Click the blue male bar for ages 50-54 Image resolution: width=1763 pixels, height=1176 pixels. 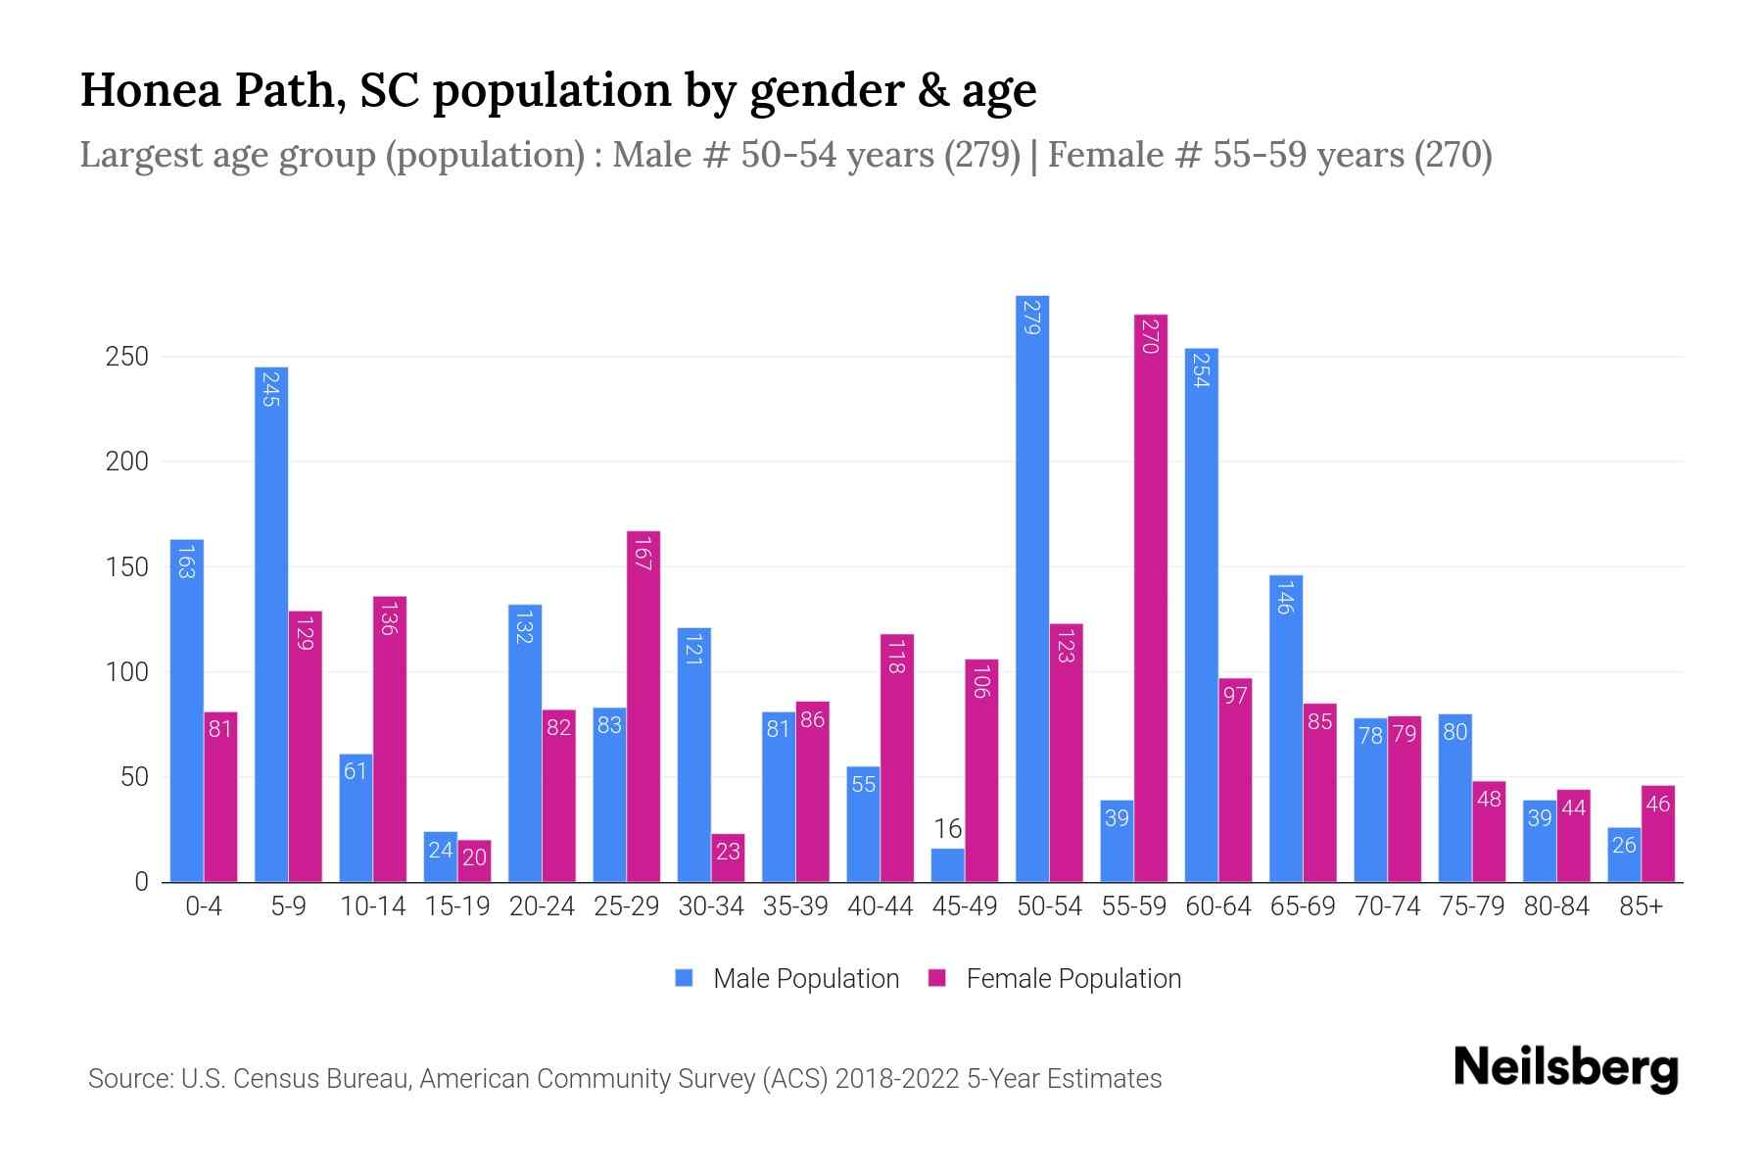tap(1032, 588)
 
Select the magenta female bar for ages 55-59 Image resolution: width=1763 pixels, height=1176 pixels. tap(1151, 598)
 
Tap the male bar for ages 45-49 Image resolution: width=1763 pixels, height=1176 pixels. tap(947, 865)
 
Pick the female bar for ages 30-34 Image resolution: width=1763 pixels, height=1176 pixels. tap(728, 858)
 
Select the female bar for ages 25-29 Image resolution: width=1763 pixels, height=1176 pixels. tap(643, 706)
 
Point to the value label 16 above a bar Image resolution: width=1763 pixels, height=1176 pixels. tap(947, 830)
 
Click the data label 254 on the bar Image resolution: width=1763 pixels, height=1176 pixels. tap(1202, 370)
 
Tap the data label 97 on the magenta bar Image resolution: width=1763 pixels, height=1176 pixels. tap(1235, 696)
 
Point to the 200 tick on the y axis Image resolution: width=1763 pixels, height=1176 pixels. tap(127, 462)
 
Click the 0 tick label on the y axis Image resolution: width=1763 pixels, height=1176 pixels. tap(141, 882)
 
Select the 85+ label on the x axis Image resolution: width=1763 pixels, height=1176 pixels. tap(1641, 906)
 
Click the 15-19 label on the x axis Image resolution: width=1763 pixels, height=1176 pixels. tap(457, 906)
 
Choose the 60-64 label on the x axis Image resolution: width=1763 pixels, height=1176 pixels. tap(1218, 906)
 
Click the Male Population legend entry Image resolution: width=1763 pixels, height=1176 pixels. tap(805, 979)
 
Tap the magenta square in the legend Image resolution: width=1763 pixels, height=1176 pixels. tap(937, 978)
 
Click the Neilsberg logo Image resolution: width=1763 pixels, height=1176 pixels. tap(1566, 1068)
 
